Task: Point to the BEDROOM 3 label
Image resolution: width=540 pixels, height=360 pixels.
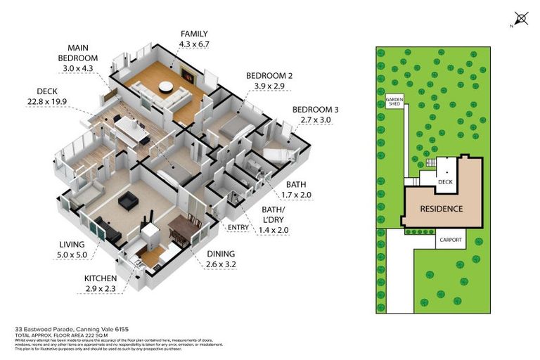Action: point(316,109)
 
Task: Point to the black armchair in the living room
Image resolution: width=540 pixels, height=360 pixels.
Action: point(128,202)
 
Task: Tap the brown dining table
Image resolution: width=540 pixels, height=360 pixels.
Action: point(181,229)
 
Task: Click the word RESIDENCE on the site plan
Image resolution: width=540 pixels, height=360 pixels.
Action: point(441,209)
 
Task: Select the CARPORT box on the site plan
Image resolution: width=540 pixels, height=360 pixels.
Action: point(450,240)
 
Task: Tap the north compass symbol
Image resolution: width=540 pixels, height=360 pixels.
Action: point(521,19)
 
